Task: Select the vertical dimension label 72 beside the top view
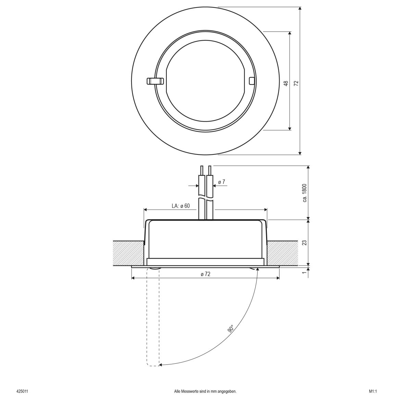pos(297,83)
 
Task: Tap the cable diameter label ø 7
pos(222,182)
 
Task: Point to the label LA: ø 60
pos(180,206)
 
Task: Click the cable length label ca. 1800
pos(305,193)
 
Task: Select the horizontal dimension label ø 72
pos(205,274)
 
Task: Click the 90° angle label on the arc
pos(231,329)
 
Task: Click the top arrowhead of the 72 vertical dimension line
pos(300,9)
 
